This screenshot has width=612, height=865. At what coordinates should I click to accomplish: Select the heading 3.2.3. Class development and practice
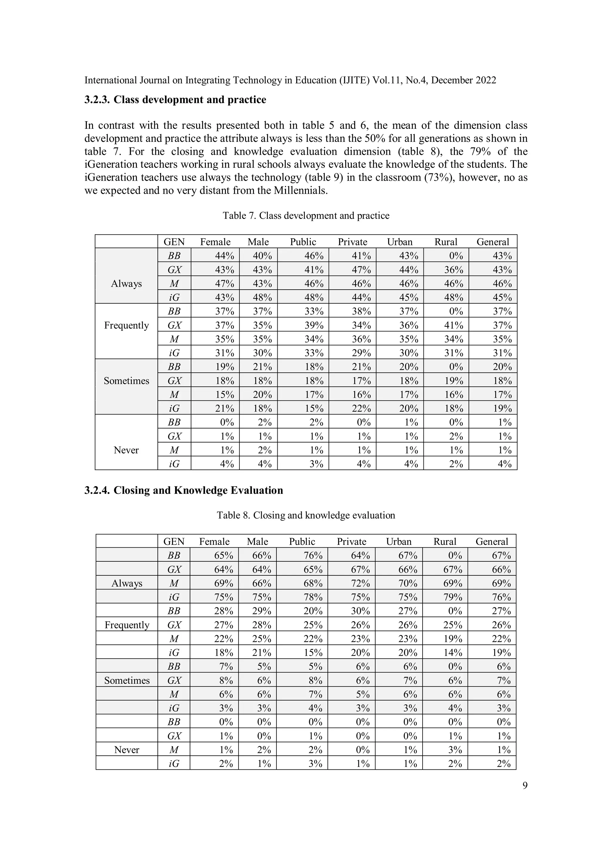[175, 100]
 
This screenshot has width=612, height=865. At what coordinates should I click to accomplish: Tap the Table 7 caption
[306, 216]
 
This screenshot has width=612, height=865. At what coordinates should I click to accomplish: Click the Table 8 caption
[306, 515]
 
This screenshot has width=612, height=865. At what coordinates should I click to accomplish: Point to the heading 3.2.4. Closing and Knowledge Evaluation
[184, 490]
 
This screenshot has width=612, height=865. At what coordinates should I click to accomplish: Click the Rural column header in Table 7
[446, 242]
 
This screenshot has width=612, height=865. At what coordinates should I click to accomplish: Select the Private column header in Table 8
[351, 541]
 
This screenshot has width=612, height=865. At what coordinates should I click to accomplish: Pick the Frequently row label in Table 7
[126, 325]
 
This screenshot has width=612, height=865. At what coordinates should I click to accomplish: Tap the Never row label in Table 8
[127, 750]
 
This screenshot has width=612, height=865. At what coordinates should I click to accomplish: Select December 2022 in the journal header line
[463, 80]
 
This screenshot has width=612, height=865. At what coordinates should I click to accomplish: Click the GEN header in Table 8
[174, 541]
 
